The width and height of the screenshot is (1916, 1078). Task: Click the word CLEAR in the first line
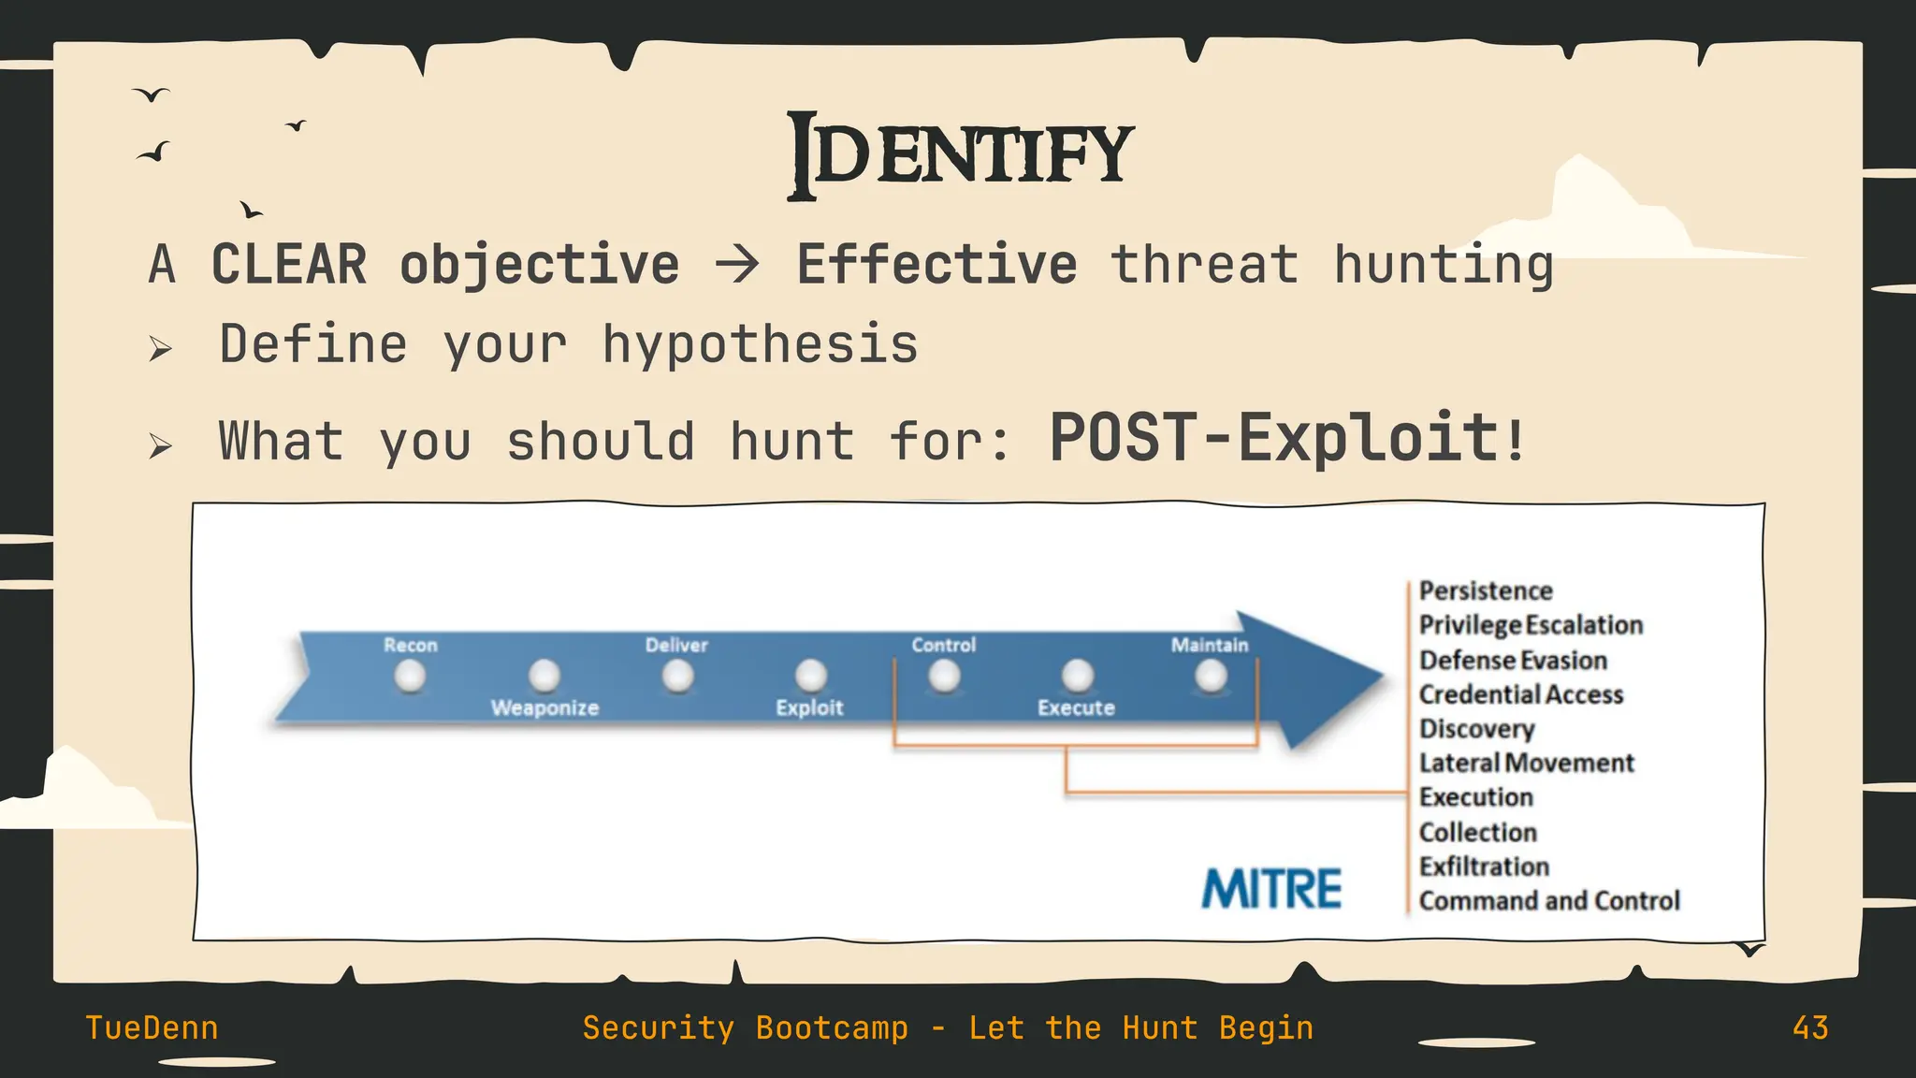(x=289, y=264)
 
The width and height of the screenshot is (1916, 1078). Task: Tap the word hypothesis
(x=760, y=345)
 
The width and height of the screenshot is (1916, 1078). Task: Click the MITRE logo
(x=1271, y=888)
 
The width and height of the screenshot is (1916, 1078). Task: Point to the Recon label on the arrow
(x=410, y=645)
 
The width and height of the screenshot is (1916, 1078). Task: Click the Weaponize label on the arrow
(x=544, y=707)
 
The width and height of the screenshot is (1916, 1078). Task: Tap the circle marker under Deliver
(x=677, y=676)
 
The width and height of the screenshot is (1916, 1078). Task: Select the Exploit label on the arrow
(x=809, y=707)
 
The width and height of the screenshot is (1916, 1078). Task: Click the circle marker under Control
(x=944, y=676)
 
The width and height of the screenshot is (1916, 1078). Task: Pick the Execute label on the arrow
(x=1076, y=707)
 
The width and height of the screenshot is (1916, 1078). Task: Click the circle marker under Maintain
(x=1211, y=676)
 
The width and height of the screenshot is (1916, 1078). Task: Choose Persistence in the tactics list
(x=1486, y=590)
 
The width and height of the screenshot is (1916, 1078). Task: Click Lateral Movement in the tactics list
(x=1526, y=763)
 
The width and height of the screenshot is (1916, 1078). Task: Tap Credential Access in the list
(x=1520, y=694)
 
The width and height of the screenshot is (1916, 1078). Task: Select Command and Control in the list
(x=1549, y=900)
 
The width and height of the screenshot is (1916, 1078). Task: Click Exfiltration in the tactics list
(x=1484, y=867)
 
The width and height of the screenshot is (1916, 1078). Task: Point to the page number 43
(x=1810, y=1027)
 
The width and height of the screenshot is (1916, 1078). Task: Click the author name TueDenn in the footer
(x=152, y=1027)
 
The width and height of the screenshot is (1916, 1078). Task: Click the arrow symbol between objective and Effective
(x=737, y=265)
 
